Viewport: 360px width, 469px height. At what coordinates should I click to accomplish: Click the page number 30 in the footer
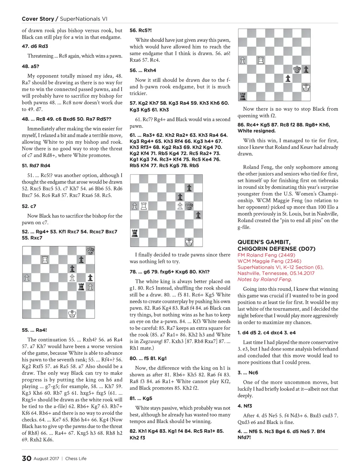(x=27, y=458)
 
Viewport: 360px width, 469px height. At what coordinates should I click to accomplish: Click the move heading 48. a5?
(x=31, y=66)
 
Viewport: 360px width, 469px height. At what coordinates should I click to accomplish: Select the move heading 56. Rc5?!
(x=141, y=30)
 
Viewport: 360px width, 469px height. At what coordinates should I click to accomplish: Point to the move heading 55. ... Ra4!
(x=34, y=330)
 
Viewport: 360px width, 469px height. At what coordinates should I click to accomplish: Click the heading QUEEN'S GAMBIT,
(x=264, y=242)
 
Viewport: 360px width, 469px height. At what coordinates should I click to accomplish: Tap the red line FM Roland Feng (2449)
(x=266, y=255)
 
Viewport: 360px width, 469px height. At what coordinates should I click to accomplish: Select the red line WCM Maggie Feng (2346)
(x=269, y=261)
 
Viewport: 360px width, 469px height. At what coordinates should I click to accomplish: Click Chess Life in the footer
(x=76, y=458)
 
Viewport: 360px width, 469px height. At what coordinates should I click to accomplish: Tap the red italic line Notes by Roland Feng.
(x=265, y=279)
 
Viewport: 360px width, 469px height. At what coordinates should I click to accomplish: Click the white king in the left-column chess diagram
(x=72, y=314)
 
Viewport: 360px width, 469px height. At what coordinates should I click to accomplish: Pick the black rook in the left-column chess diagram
(x=81, y=287)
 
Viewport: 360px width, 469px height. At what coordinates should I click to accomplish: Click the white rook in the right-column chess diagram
(x=261, y=60)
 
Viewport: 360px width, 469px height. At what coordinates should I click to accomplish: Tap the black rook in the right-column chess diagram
(x=243, y=96)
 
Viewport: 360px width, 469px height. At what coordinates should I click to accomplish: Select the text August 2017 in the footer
(x=46, y=458)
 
